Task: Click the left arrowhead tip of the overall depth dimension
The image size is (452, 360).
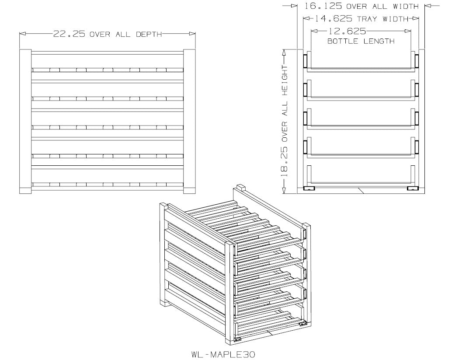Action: coord(20,34)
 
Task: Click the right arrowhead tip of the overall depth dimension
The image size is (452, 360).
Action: coord(195,34)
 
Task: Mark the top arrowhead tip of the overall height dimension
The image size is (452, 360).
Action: coord(284,49)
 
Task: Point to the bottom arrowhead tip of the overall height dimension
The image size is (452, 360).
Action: coord(284,193)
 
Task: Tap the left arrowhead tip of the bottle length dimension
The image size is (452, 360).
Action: coord(311,31)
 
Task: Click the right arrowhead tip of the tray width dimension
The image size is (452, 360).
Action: coord(419,18)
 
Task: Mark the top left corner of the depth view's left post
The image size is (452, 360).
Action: coord(20,49)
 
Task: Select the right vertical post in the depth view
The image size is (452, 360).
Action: coord(189,121)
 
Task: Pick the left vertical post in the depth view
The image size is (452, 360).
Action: coord(25,121)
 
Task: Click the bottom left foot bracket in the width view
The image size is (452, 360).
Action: coord(309,189)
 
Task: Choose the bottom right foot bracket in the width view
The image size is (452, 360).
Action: coord(413,189)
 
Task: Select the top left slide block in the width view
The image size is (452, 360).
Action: coord(305,61)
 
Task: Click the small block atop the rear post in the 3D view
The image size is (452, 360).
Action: coord(240,188)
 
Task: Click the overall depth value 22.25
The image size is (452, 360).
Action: coord(69,34)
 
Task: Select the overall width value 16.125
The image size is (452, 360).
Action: coord(323,6)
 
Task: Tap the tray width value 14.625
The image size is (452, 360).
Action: coord(333,19)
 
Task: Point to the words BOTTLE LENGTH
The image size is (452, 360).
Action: coord(361,41)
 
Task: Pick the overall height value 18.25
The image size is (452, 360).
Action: coord(284,162)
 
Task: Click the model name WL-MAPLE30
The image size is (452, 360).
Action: coord(223,354)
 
